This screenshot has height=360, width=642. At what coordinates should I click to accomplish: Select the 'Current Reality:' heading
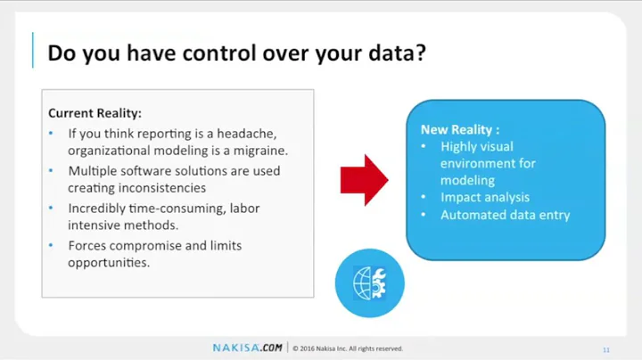tap(95, 113)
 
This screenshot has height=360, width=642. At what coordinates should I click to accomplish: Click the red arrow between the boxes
tap(364, 177)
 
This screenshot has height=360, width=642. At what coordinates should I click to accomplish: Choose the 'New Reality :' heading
tap(460, 129)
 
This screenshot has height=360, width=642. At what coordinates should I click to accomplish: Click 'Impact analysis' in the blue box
tap(484, 198)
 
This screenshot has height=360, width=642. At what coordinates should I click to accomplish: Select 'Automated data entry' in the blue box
tap(505, 215)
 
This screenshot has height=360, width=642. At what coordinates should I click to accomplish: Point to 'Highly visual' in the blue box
tap(477, 146)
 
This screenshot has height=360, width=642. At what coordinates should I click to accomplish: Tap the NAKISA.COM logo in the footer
tap(248, 348)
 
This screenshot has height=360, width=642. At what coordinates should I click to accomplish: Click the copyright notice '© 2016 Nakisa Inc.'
tap(348, 348)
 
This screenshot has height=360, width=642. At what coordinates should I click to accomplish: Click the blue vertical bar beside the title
tap(33, 51)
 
